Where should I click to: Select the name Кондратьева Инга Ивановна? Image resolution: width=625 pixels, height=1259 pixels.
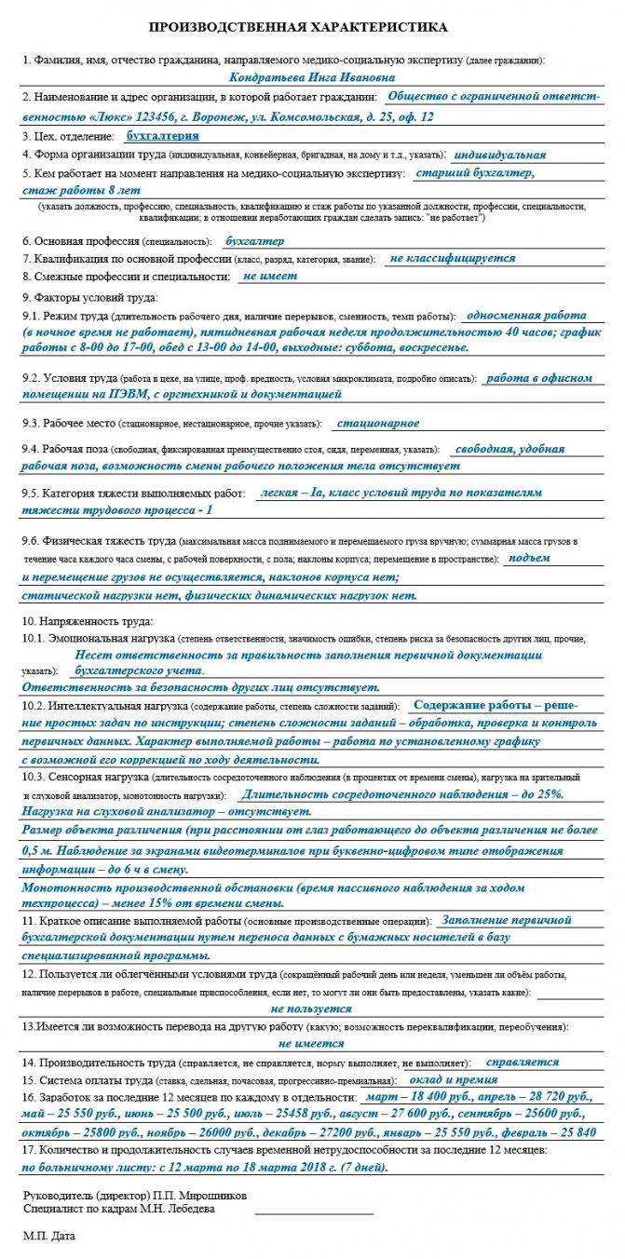pos(303,78)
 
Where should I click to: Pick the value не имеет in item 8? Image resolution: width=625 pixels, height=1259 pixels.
pos(269,277)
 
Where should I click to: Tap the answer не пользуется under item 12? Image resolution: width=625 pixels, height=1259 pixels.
pos(310,1009)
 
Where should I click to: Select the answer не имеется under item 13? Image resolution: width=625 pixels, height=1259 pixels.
pos(310,1044)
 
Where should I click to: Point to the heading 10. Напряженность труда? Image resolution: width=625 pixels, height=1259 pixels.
pos(88,621)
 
